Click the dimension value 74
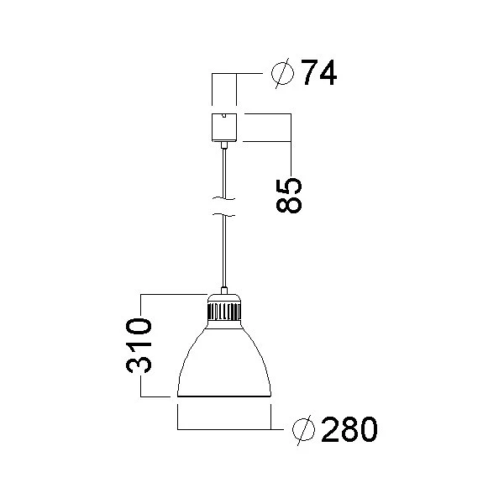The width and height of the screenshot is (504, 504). [319, 74]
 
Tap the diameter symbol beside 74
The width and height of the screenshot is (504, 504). [283, 75]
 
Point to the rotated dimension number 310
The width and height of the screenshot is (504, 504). [139, 345]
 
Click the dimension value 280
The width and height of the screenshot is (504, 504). [349, 430]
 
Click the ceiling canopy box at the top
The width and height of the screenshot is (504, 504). [224, 127]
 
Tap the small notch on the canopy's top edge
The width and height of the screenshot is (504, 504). [224, 115]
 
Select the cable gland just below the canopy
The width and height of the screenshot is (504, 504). [224, 145]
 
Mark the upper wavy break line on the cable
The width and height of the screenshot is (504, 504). [224, 199]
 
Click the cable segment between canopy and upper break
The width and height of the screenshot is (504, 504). [224, 172]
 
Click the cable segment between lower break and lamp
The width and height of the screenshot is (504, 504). [224, 252]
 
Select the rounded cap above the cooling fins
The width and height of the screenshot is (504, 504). [224, 298]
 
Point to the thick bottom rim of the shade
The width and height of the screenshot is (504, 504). [224, 395]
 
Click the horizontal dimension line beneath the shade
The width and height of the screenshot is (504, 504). [224, 430]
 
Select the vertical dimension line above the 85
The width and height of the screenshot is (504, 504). [290, 143]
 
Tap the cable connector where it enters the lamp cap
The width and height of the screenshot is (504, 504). [224, 289]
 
